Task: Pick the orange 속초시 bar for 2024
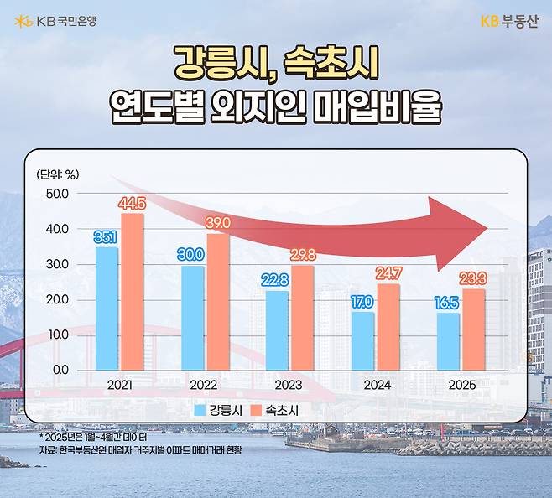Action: point(388,326)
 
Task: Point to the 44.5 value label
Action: point(133,203)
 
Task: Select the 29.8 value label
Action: point(303,255)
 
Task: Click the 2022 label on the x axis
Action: point(205,385)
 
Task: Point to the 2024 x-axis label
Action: point(377,385)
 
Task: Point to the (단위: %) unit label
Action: point(58,174)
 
